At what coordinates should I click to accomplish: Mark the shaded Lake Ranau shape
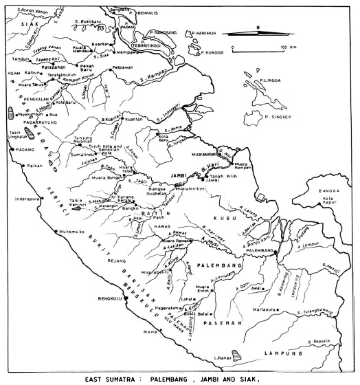pyautogui.click(x=238, y=356)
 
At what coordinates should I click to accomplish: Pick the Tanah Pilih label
pyautogui.click(x=224, y=179)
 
